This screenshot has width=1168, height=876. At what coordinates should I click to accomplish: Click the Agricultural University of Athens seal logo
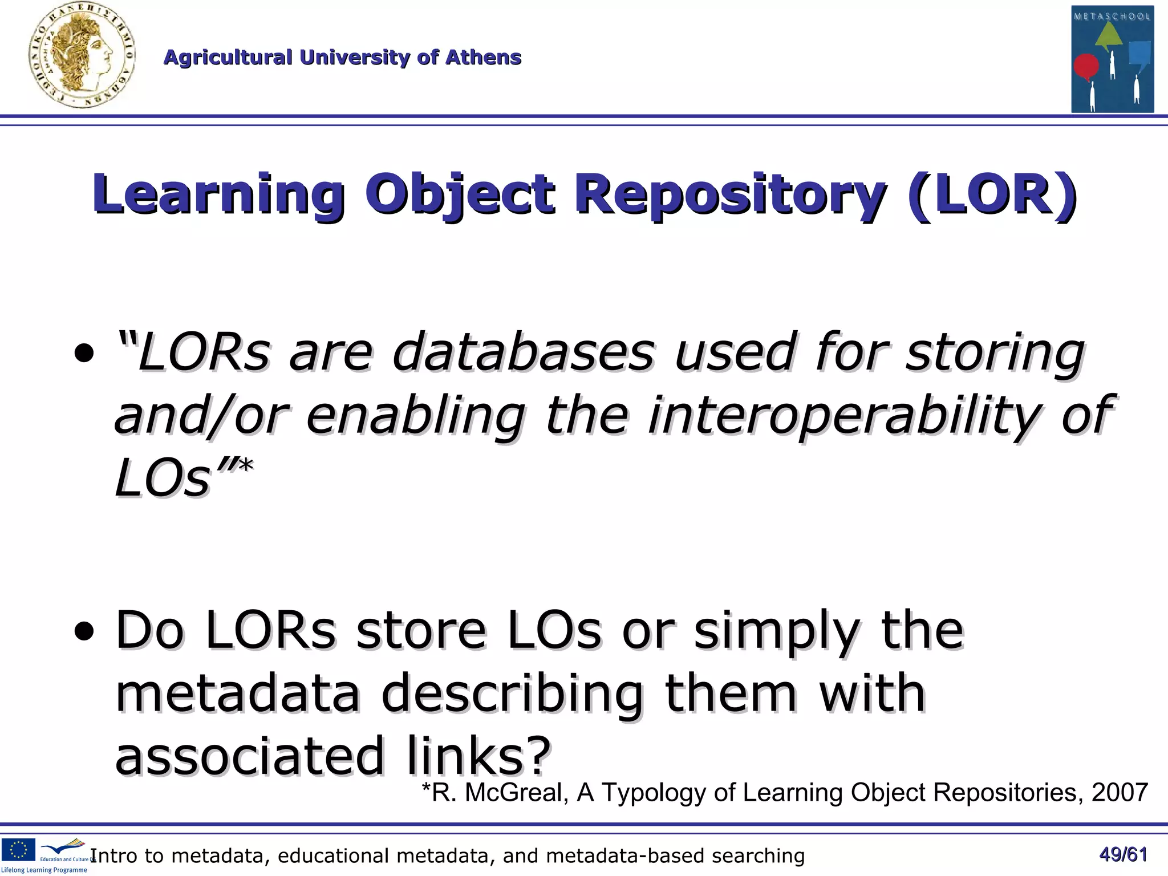(82, 56)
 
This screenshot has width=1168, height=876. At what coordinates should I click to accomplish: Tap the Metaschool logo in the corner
(1112, 59)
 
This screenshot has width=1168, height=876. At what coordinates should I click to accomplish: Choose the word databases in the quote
(523, 352)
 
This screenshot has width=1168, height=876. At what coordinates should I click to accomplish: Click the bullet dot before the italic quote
(84, 354)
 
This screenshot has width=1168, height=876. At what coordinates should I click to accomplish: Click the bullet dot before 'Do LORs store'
(84, 631)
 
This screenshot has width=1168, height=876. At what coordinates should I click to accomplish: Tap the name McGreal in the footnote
(516, 793)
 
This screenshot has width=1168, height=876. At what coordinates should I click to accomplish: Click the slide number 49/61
(1123, 854)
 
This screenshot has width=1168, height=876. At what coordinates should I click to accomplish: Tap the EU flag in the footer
(18, 849)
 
